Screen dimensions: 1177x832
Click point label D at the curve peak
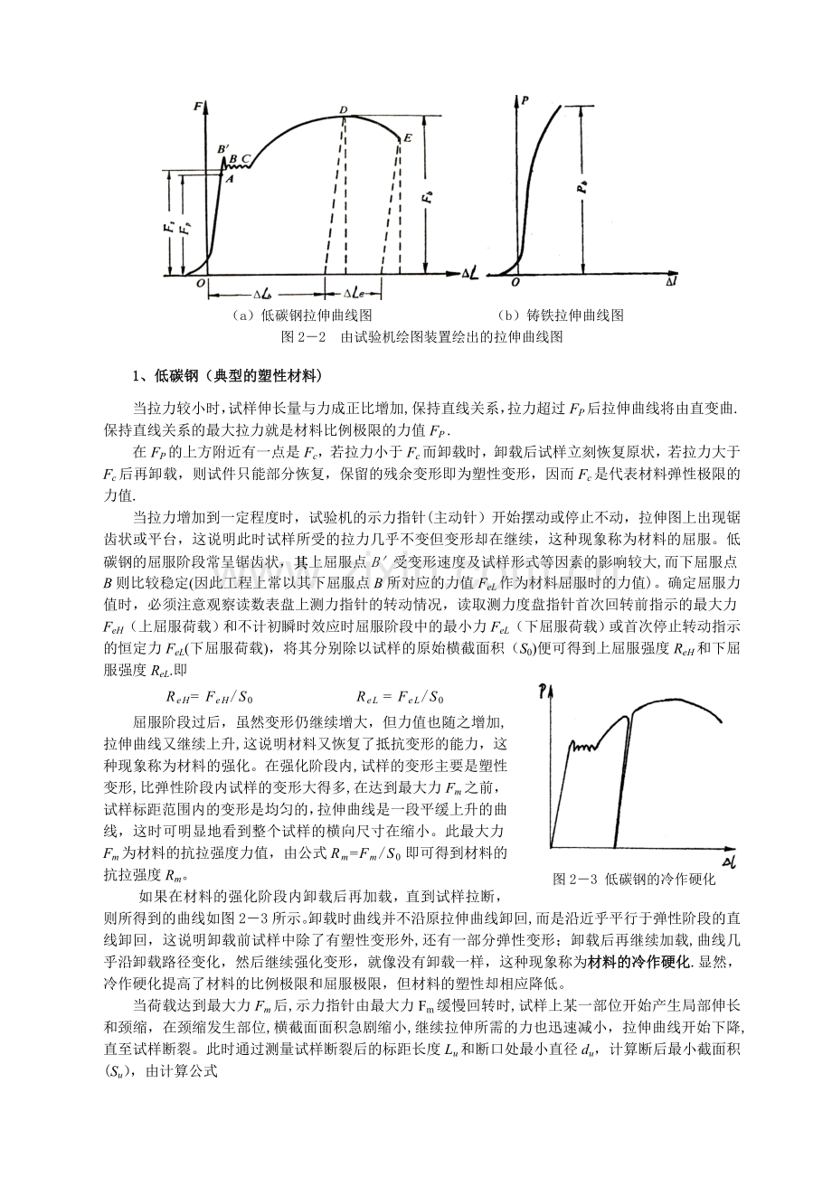(344, 110)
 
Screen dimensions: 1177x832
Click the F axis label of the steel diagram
(196, 108)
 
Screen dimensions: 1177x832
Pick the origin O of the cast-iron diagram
(515, 282)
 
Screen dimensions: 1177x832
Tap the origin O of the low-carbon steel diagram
(202, 283)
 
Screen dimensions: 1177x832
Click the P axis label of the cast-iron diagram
(525, 101)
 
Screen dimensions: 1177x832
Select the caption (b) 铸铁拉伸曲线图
(561, 315)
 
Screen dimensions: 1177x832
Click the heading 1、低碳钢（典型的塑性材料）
(226, 376)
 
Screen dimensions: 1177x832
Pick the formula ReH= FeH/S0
(215, 697)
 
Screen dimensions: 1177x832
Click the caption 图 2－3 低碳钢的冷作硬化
(634, 878)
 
